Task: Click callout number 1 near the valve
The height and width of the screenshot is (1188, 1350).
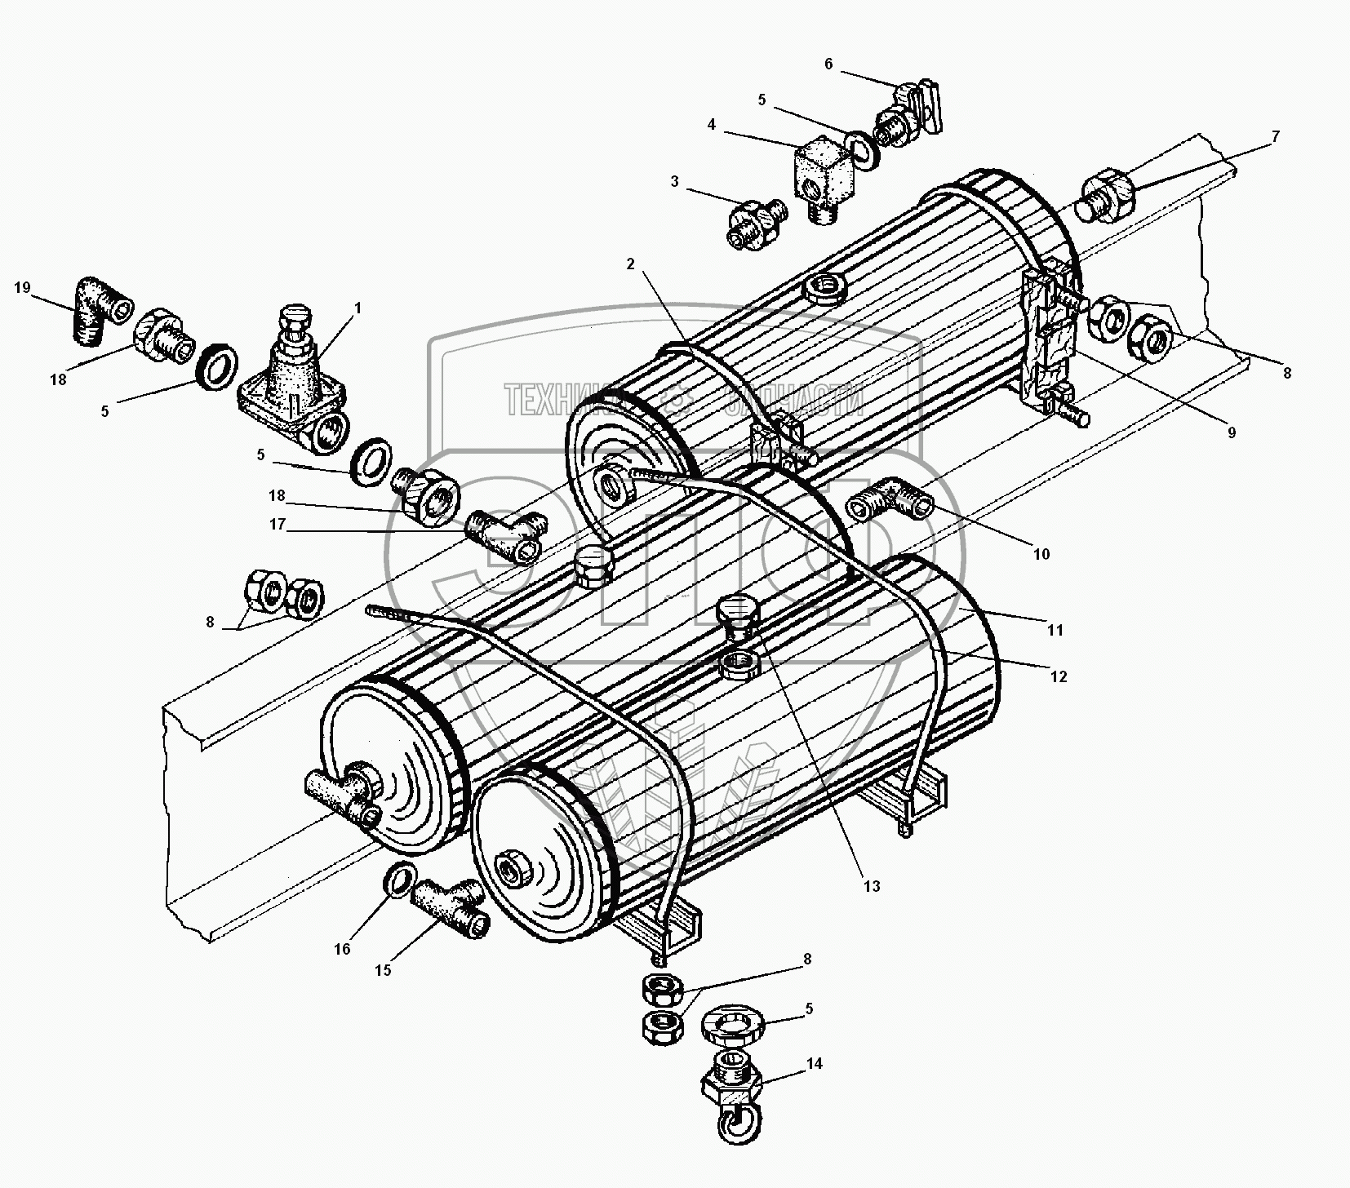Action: click(357, 308)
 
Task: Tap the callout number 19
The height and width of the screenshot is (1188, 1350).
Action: click(22, 287)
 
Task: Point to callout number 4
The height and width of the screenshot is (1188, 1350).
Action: click(712, 125)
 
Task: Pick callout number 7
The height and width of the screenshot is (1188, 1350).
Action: click(1275, 136)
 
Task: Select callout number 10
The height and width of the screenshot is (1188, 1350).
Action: click(1041, 554)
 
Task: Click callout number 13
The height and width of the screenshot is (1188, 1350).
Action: click(872, 885)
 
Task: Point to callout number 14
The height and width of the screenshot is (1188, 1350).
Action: click(814, 1063)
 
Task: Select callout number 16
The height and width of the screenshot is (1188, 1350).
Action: click(342, 948)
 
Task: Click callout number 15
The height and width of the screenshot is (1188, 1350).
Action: click(383, 970)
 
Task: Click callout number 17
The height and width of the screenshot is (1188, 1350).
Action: click(278, 525)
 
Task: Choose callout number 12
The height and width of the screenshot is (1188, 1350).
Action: click(1058, 676)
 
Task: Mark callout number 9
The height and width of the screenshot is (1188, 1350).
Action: click(1232, 432)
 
